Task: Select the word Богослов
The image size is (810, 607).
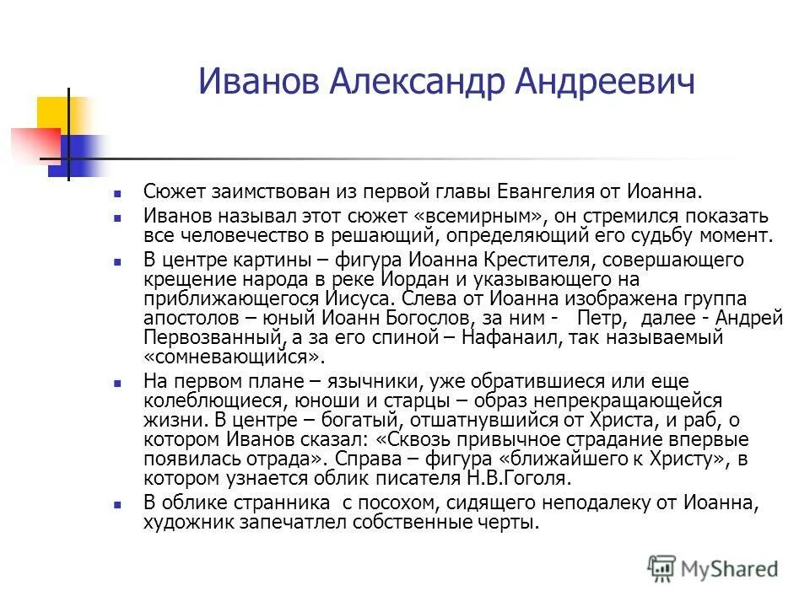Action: [418, 318]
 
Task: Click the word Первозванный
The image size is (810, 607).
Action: [211, 337]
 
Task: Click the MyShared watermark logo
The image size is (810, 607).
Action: [713, 567]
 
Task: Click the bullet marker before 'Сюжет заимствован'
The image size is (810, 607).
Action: [119, 193]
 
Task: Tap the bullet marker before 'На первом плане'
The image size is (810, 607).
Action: [119, 382]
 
